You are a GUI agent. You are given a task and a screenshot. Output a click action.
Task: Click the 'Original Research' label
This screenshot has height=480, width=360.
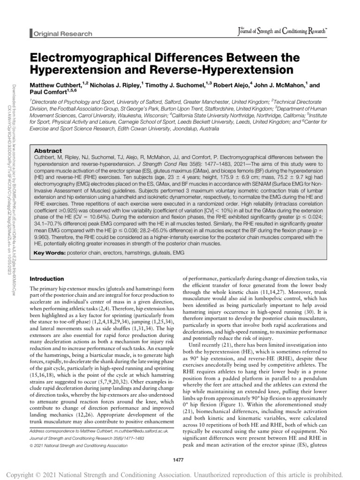coord(62,34)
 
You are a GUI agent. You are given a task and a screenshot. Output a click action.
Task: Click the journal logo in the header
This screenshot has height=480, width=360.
coord(283,32)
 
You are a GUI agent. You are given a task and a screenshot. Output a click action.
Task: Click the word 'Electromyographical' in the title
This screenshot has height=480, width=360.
coord(94,58)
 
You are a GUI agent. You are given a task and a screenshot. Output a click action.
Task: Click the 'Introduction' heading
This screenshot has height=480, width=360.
coord(47,278)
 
